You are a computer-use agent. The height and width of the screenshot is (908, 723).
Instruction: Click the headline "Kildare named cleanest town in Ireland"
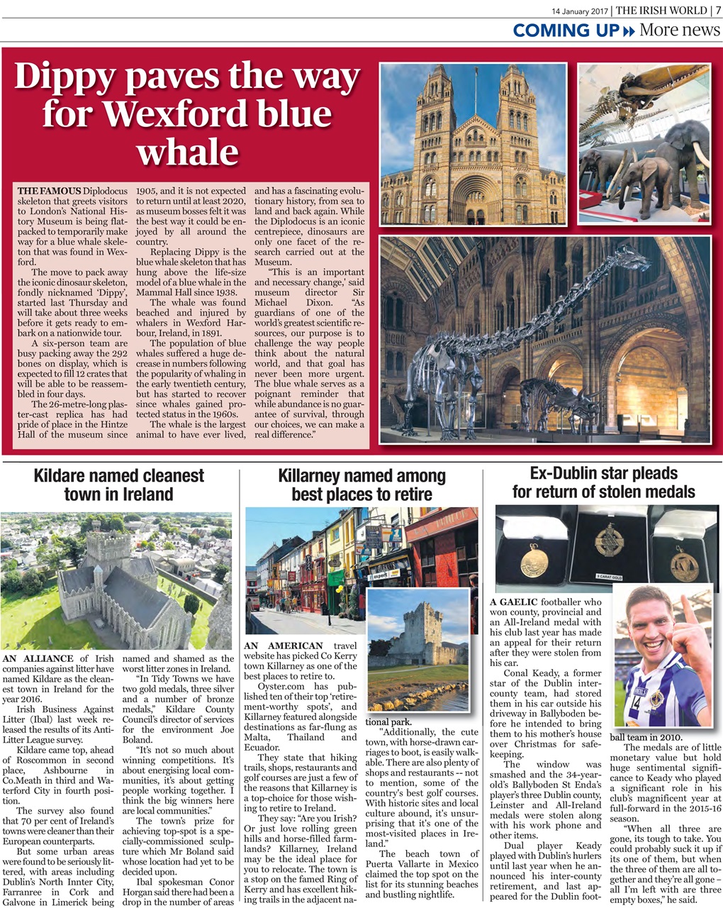point(118,485)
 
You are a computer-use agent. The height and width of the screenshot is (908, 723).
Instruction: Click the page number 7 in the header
point(717,10)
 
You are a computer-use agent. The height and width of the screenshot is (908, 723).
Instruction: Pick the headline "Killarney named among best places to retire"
point(361,485)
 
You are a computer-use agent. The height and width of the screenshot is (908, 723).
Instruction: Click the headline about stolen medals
point(604,482)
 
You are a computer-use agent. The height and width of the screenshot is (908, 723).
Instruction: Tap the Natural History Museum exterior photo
point(473,145)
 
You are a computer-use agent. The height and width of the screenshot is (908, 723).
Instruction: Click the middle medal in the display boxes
point(607,543)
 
